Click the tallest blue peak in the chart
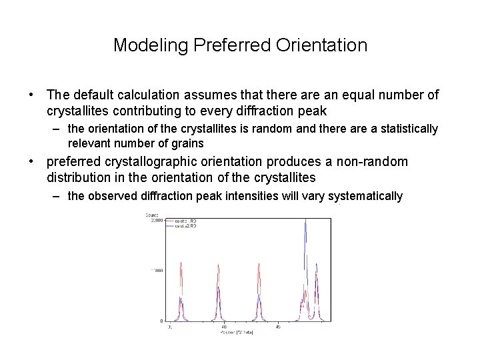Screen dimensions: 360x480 tap(305, 227)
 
